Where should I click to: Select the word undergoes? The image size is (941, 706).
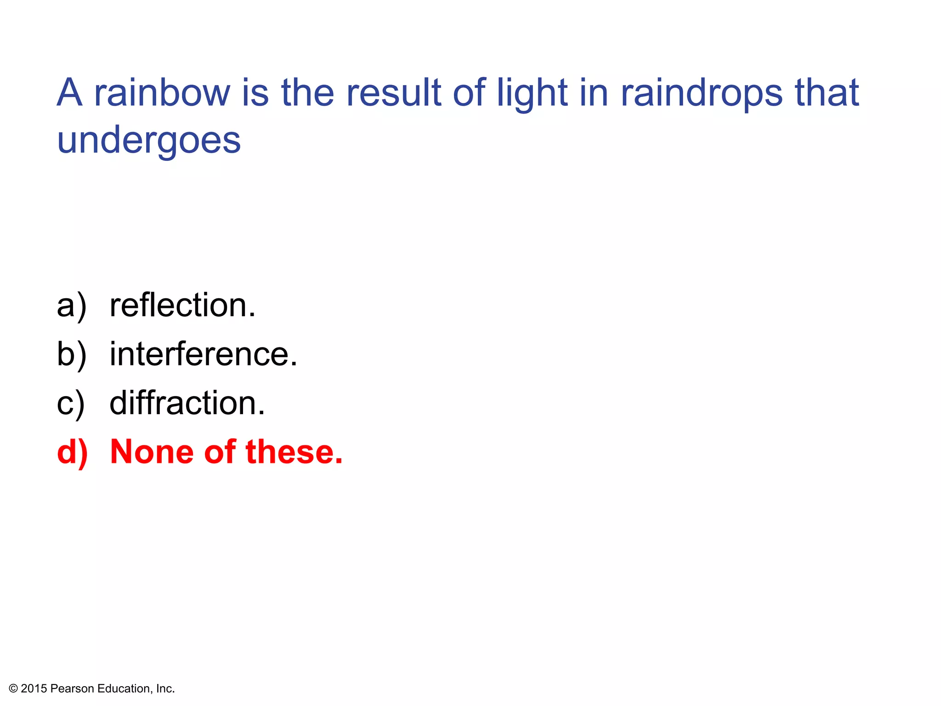point(149,142)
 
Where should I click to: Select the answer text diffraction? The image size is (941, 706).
point(187,403)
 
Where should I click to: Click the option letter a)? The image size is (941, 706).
point(71,306)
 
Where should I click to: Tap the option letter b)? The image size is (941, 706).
point(71,355)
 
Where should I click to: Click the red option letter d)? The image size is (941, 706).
point(72,453)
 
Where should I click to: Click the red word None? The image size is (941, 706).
point(152,452)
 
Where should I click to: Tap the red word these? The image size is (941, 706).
point(294,452)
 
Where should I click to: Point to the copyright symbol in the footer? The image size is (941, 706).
point(13,689)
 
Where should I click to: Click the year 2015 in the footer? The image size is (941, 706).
point(34,689)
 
